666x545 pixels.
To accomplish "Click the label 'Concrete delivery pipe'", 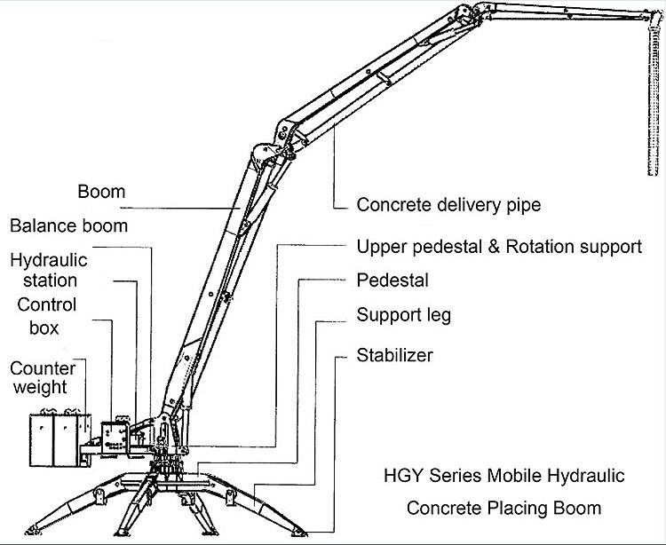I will tap(448, 205).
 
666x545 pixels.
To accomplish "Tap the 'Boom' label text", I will tap(101, 192).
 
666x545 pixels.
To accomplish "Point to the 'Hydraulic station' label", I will tap(44, 271).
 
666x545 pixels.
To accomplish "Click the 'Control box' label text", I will tap(47, 316).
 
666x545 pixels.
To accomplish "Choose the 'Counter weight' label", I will tap(42, 378).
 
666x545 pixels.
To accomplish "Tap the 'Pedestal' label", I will tap(392, 281).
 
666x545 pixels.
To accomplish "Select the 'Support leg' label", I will tap(404, 315).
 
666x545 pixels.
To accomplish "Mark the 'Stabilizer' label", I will tap(394, 356).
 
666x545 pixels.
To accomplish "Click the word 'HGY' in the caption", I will tap(397, 476).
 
